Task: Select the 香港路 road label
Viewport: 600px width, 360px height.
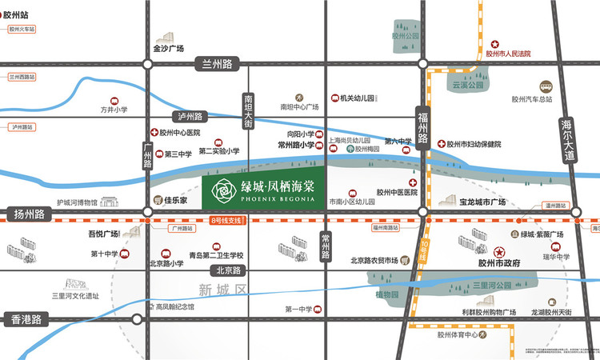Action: pyautogui.click(x=26, y=319)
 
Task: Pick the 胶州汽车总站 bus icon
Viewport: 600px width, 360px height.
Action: pyautogui.click(x=546, y=86)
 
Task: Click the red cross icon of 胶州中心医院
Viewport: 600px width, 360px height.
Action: pyautogui.click(x=154, y=133)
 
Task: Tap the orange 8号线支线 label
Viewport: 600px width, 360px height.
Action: pyautogui.click(x=226, y=219)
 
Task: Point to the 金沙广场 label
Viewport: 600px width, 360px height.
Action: pyautogui.click(x=169, y=48)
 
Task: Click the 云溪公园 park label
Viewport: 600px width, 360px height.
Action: pyautogui.click(x=469, y=84)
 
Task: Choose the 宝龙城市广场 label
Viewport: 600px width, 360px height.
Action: pyautogui.click(x=482, y=202)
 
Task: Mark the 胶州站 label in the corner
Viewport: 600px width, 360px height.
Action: pyautogui.click(x=22, y=14)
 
